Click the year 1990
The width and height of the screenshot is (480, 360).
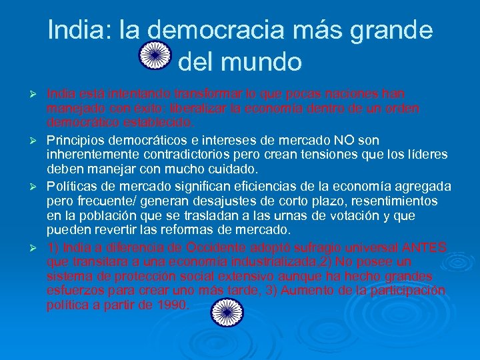tap(173, 305)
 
